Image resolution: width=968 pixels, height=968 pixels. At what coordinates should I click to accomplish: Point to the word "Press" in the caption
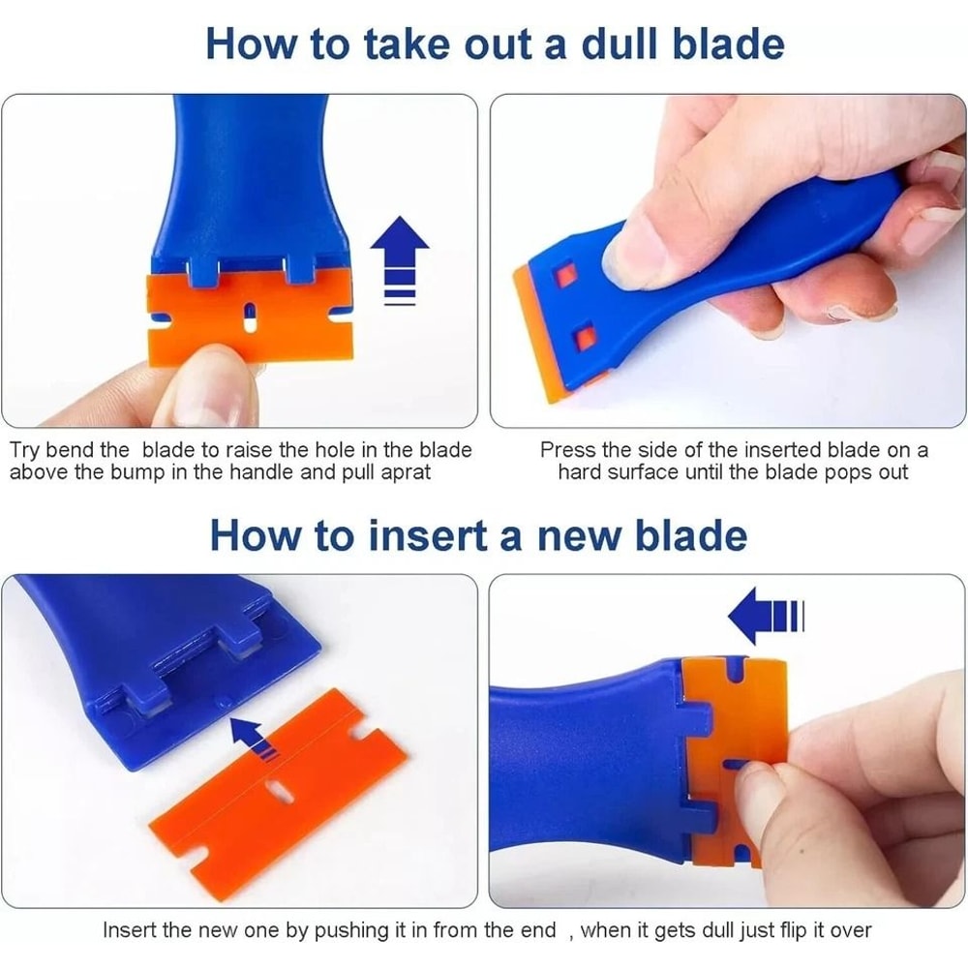567,450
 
